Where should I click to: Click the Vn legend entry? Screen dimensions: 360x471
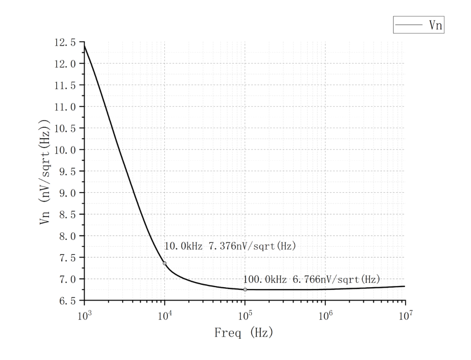point(419,25)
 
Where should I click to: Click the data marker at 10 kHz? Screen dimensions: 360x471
point(164,263)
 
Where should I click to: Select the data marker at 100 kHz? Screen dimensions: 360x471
point(245,289)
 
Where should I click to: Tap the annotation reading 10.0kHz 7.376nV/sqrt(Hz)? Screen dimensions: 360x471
point(230,246)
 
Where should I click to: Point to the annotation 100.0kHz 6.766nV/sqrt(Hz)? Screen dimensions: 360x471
point(312,278)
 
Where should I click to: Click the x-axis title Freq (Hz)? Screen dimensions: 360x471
point(244,333)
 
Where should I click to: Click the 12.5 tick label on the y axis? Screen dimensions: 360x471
point(65,43)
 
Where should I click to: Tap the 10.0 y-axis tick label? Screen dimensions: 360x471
point(65,150)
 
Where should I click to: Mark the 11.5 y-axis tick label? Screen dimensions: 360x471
point(65,85)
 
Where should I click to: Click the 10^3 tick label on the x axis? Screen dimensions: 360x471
point(83,316)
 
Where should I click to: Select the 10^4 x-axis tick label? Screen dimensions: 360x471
point(164,316)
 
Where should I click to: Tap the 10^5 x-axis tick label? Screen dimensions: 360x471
point(245,316)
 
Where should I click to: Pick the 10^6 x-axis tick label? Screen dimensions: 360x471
point(325,316)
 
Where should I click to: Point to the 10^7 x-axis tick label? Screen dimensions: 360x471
point(405,316)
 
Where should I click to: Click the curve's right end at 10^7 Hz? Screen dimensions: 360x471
point(405,286)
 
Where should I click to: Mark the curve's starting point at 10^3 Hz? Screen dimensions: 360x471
point(84,45)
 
